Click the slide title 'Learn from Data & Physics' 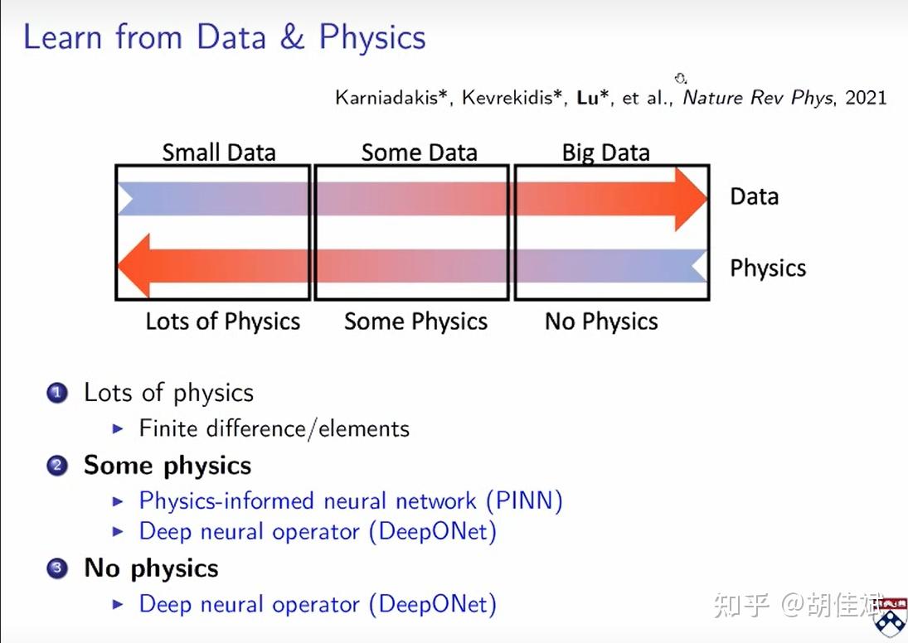(224, 38)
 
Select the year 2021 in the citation (866, 98)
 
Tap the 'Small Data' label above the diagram (219, 152)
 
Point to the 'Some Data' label (420, 152)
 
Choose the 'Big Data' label (605, 153)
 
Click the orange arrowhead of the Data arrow (691, 199)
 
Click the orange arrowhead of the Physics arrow (134, 266)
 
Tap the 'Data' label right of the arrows (754, 196)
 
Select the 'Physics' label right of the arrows (768, 268)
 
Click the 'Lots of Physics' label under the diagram (223, 321)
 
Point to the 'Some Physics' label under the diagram (415, 321)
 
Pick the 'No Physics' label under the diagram (601, 321)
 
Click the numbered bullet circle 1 (57, 393)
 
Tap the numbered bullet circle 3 (57, 568)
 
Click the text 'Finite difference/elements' (274, 429)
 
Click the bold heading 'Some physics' (168, 467)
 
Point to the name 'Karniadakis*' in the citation (391, 98)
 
